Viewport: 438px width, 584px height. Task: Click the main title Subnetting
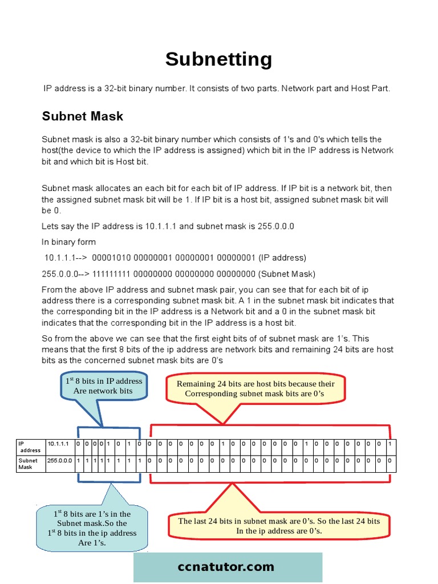point(218,59)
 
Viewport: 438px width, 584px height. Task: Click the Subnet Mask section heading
point(83,116)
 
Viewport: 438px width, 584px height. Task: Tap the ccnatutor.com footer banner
point(228,567)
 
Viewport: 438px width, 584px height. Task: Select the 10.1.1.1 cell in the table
point(58,444)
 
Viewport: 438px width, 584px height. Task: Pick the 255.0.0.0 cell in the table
point(59,460)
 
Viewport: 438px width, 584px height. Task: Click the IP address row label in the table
point(30,447)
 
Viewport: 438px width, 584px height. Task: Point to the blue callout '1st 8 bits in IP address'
point(103,386)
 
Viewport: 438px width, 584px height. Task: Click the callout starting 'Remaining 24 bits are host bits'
point(255,388)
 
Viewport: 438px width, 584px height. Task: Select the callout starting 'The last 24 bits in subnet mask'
point(279,525)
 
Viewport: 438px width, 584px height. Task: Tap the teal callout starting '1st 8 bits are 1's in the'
point(92,528)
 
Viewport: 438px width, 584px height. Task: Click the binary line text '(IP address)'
point(282,258)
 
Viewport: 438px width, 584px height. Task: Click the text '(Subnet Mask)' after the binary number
point(288,274)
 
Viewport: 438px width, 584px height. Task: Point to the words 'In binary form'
point(69,242)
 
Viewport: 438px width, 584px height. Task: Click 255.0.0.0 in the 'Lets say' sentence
point(275,226)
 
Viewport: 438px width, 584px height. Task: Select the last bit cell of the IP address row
point(390,444)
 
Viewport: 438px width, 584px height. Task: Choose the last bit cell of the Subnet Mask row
point(390,460)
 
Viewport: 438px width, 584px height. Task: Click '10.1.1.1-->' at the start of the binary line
point(65,258)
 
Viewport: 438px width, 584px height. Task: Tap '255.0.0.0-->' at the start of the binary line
point(65,274)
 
